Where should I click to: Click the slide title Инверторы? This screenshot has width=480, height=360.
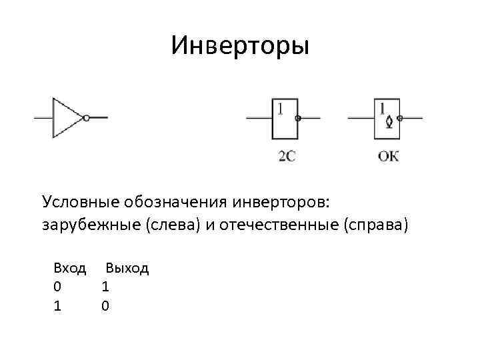pos(240,45)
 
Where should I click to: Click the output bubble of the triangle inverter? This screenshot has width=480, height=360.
pos(87,118)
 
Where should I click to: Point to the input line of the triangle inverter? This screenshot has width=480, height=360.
pos(43,118)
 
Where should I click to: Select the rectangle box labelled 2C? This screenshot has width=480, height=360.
pos(285,119)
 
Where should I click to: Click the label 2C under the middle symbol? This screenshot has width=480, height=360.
pos(287,157)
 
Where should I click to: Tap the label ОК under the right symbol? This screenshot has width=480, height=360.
pos(388,157)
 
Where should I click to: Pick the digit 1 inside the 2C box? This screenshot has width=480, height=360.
pos(281,107)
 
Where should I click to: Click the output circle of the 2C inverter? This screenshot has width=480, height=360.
pos(298,119)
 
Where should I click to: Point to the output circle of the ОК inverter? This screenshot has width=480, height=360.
pos(400,119)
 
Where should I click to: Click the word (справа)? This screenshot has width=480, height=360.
pos(374,225)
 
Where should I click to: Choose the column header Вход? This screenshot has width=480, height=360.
pos(70,269)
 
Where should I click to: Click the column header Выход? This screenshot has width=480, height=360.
pos(127,269)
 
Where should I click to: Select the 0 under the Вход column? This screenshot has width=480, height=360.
pos(57,287)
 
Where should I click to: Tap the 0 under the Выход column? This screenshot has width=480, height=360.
pos(105,306)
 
